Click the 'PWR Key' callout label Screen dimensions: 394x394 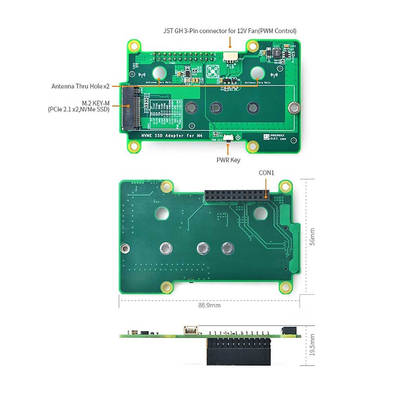(228, 160)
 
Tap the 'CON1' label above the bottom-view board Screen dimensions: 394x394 (266, 173)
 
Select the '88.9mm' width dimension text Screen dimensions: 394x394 (209, 305)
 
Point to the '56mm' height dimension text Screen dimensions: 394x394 (312, 237)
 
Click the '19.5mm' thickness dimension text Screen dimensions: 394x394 (312, 345)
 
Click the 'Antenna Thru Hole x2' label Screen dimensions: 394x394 (80, 86)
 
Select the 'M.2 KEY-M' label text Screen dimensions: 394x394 (96, 103)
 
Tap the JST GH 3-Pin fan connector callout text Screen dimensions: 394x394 (230, 31)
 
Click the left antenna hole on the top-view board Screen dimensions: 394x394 (159, 73)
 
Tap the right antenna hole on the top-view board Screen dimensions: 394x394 (257, 73)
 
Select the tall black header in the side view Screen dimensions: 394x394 (239, 352)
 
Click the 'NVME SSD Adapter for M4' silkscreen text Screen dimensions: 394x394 (172, 136)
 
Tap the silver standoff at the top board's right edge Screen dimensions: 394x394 (294, 108)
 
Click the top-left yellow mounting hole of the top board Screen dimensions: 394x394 (134, 46)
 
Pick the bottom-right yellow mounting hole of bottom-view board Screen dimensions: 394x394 (285, 288)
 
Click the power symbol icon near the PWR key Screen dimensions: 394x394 (238, 137)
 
